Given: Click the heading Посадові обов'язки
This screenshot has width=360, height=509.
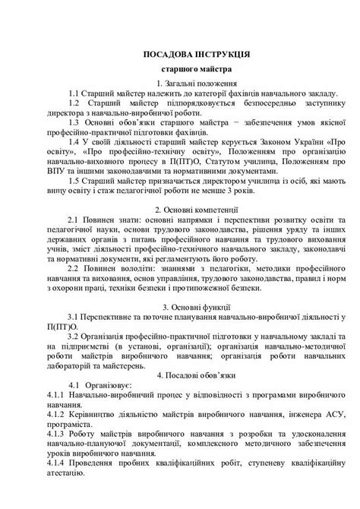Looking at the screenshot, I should (190, 375).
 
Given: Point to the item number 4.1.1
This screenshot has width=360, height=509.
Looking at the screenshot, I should (56, 397).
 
